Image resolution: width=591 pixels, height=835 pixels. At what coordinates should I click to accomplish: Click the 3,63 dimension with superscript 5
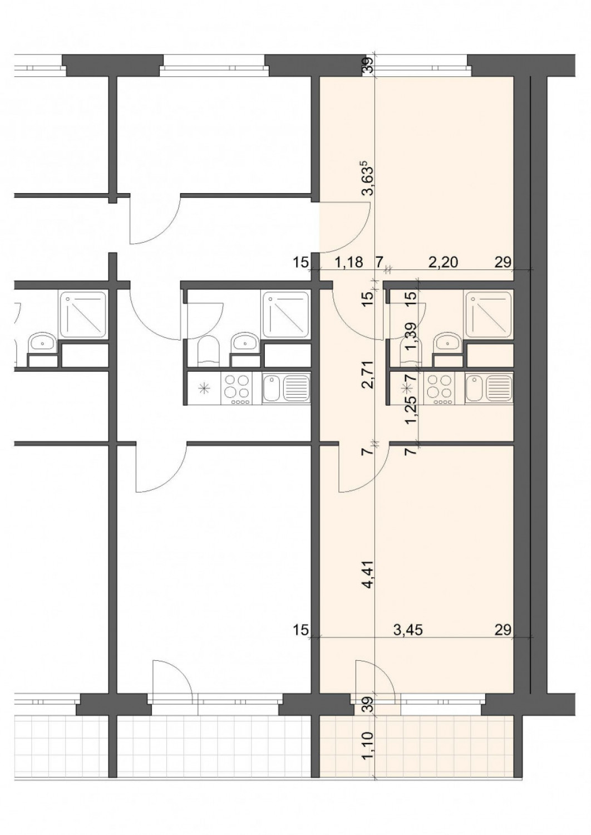(x=368, y=178)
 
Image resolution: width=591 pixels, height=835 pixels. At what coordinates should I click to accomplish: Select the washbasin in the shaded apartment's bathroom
(x=447, y=342)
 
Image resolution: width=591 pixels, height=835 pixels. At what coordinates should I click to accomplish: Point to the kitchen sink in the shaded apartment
(x=489, y=387)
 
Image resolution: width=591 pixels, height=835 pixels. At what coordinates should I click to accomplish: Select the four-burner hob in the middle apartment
(x=237, y=388)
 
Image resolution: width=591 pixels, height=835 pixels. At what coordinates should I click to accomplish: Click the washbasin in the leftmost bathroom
(x=43, y=342)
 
